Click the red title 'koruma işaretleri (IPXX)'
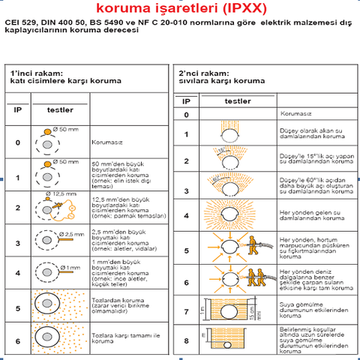(180, 9)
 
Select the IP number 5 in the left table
(18, 307)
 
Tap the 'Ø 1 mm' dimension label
(71, 267)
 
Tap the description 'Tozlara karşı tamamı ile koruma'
(121, 337)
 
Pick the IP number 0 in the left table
(18, 141)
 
